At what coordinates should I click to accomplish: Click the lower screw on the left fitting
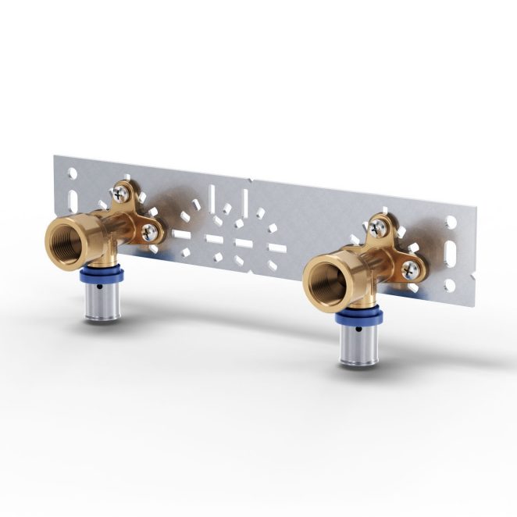(148, 230)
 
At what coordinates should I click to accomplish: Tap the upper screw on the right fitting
(377, 225)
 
